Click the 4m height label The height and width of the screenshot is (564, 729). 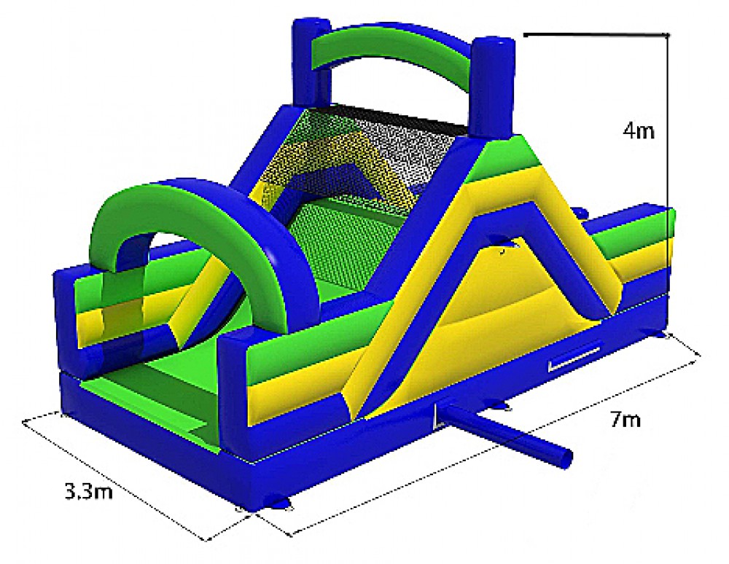pos(639,131)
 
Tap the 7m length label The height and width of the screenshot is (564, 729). pos(625,420)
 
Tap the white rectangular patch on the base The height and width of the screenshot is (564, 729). pos(574,357)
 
